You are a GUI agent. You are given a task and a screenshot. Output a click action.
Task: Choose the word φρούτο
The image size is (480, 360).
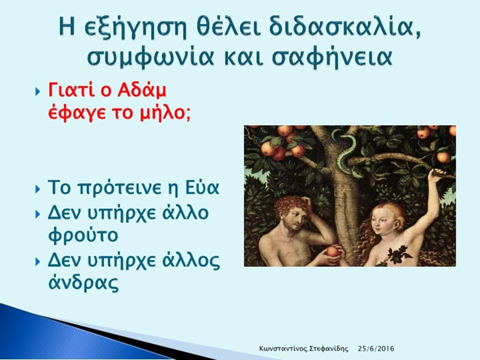(83, 235)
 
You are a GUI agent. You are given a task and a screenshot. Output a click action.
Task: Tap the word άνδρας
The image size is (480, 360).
(83, 283)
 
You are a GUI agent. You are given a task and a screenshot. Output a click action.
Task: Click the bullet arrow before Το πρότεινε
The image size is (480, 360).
(37, 189)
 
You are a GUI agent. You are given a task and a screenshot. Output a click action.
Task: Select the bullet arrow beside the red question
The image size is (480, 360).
(37, 91)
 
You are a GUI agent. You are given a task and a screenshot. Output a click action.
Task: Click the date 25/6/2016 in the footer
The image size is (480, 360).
(376, 348)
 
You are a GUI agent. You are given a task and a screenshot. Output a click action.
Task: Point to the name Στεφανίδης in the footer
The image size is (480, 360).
(329, 348)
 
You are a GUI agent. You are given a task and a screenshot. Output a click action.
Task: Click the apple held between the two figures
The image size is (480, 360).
(333, 251)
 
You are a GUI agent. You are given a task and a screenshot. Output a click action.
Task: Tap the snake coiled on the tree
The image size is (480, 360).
(345, 150)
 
